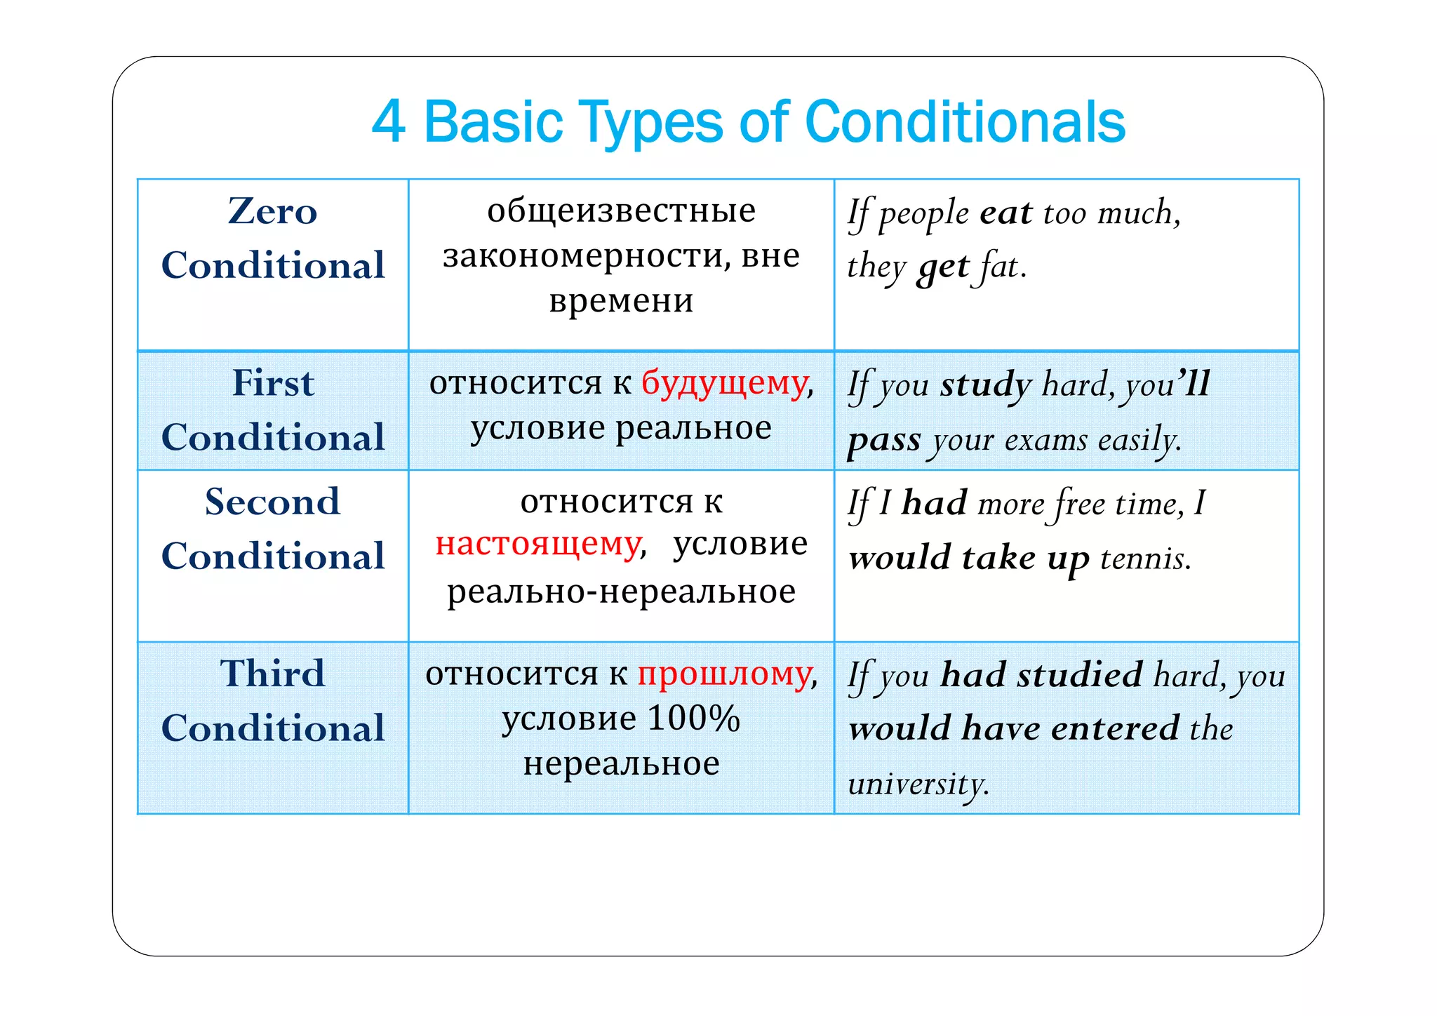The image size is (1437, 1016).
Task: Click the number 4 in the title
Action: click(x=388, y=121)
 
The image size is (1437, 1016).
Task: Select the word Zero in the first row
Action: click(x=272, y=211)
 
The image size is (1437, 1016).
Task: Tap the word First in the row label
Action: click(x=273, y=383)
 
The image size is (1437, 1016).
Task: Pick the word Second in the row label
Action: click(x=272, y=502)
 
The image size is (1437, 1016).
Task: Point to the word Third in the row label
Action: click(x=272, y=674)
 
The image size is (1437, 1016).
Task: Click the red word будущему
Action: click(x=724, y=383)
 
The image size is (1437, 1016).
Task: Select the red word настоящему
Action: click(x=538, y=544)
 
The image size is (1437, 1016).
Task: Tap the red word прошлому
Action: click(x=723, y=674)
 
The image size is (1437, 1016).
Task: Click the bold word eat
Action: click(x=1006, y=213)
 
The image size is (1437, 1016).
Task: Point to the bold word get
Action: click(x=943, y=267)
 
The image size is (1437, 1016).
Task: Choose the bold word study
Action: click(x=986, y=385)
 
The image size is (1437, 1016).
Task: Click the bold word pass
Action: click(x=883, y=441)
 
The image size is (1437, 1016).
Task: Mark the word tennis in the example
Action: click(x=1144, y=559)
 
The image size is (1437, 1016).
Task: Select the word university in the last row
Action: click(x=917, y=784)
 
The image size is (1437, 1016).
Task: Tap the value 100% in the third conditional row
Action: click(x=693, y=718)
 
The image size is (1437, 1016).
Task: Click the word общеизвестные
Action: click(x=621, y=210)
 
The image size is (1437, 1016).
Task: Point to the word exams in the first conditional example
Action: click(x=1045, y=441)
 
